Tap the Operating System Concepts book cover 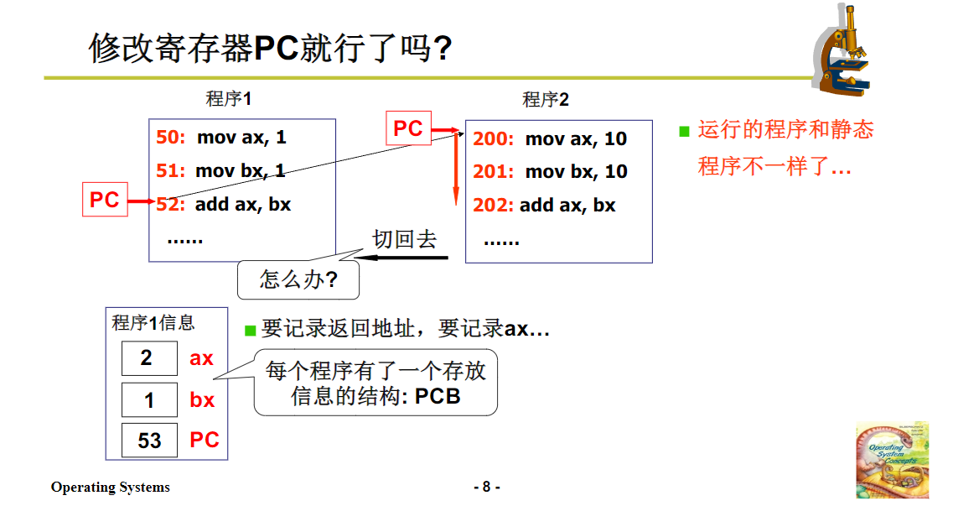[x=892, y=460]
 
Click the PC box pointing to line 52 [x=105, y=201]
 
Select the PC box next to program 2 [x=408, y=128]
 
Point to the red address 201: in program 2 [x=493, y=172]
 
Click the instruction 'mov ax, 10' [x=576, y=139]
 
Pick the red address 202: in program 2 [x=493, y=206]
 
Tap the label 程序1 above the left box [x=229, y=99]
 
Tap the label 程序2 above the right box [x=546, y=100]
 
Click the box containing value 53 [x=149, y=441]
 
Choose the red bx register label [x=202, y=400]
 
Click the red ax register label [x=201, y=359]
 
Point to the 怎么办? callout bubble [x=298, y=279]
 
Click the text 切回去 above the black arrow [x=405, y=239]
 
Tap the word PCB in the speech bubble [x=438, y=396]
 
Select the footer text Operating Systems [x=110, y=488]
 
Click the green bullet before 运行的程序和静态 [x=684, y=131]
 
